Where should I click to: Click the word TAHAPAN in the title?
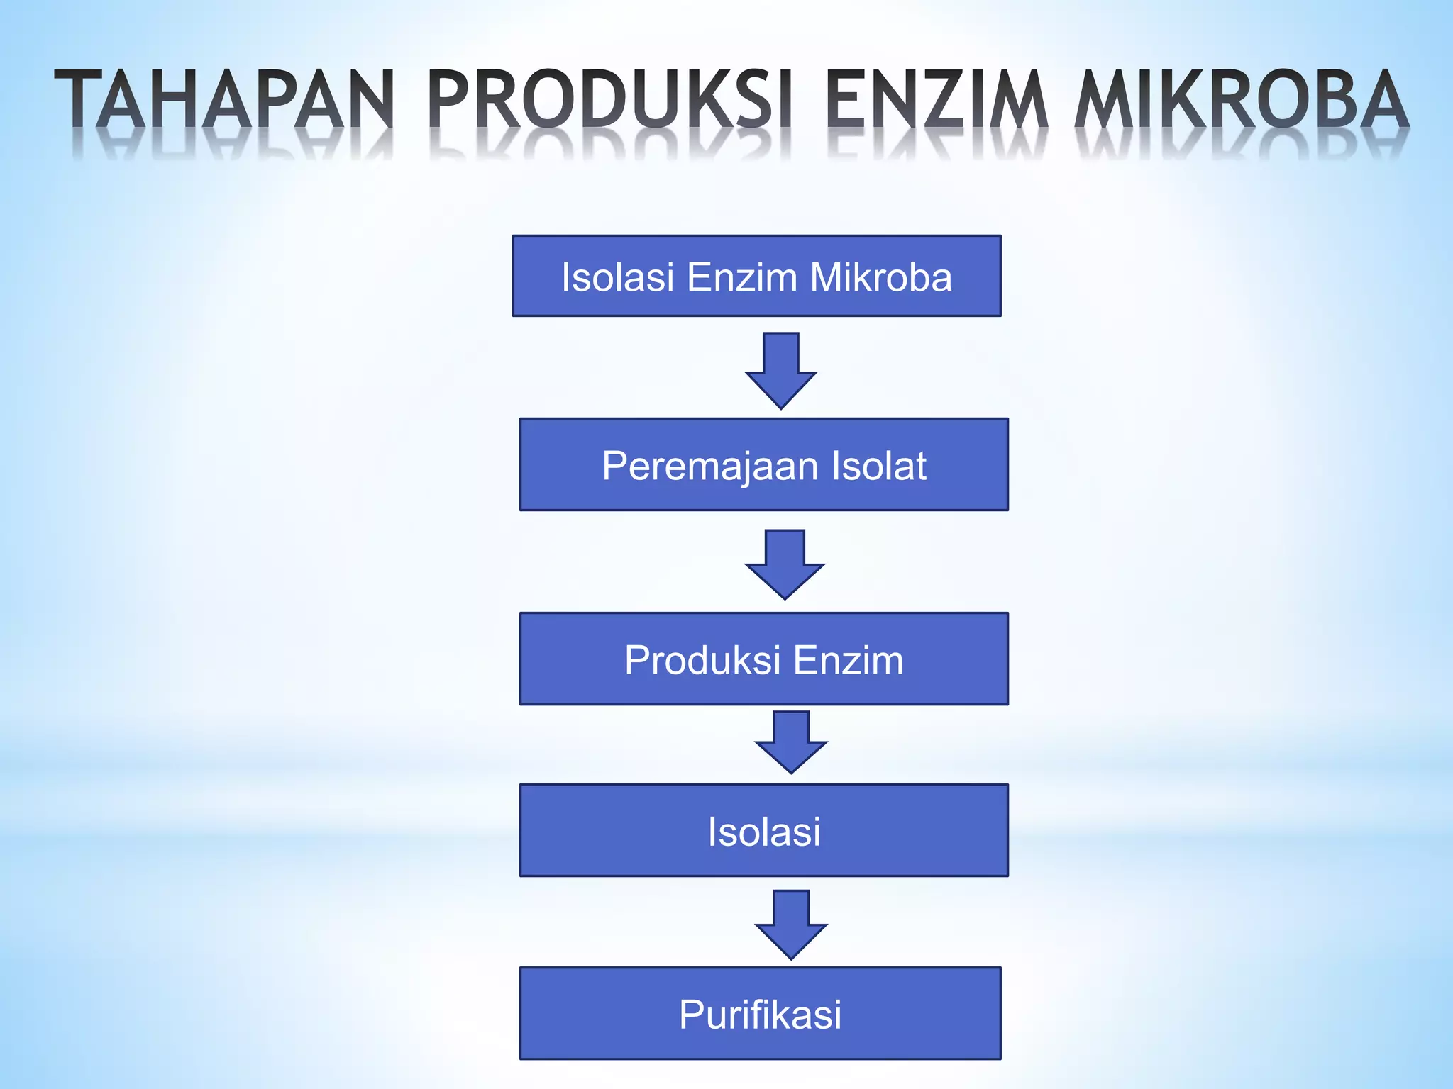pos(224,99)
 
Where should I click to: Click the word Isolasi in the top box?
pos(617,277)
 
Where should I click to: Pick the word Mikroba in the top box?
pos(880,277)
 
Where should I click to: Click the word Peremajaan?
pos(710,467)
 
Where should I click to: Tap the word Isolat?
pos(878,466)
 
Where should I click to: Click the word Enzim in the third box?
pos(848,660)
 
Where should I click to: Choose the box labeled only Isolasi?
pos(763,831)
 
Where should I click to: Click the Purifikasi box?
pos(761,1014)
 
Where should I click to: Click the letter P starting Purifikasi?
pos(692,1014)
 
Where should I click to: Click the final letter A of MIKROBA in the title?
pos(1384,99)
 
